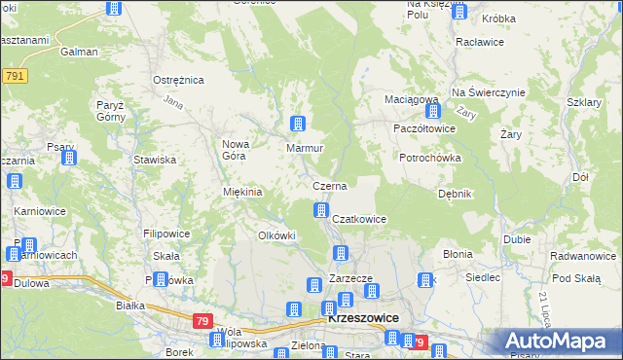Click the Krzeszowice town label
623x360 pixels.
pyautogui.click(x=360, y=318)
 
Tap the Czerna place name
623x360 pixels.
pyautogui.click(x=329, y=185)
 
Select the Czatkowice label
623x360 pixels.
pyautogui.click(x=360, y=220)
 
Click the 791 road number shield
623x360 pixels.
pyautogui.click(x=14, y=75)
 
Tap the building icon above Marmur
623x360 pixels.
pyautogui.click(x=298, y=125)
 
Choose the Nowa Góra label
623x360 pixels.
pyautogui.click(x=237, y=150)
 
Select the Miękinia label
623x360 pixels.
pyautogui.click(x=243, y=192)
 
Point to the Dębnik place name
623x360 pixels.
pyautogui.click(x=455, y=194)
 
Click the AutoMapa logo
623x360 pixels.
pyautogui.click(x=559, y=342)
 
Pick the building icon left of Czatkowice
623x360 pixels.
pyautogui.click(x=320, y=210)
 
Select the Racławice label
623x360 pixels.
pyautogui.click(x=478, y=44)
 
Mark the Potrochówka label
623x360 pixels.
pyautogui.click(x=429, y=157)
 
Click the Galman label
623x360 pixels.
pyautogui.click(x=79, y=52)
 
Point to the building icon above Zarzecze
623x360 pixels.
pyautogui.click(x=341, y=254)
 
